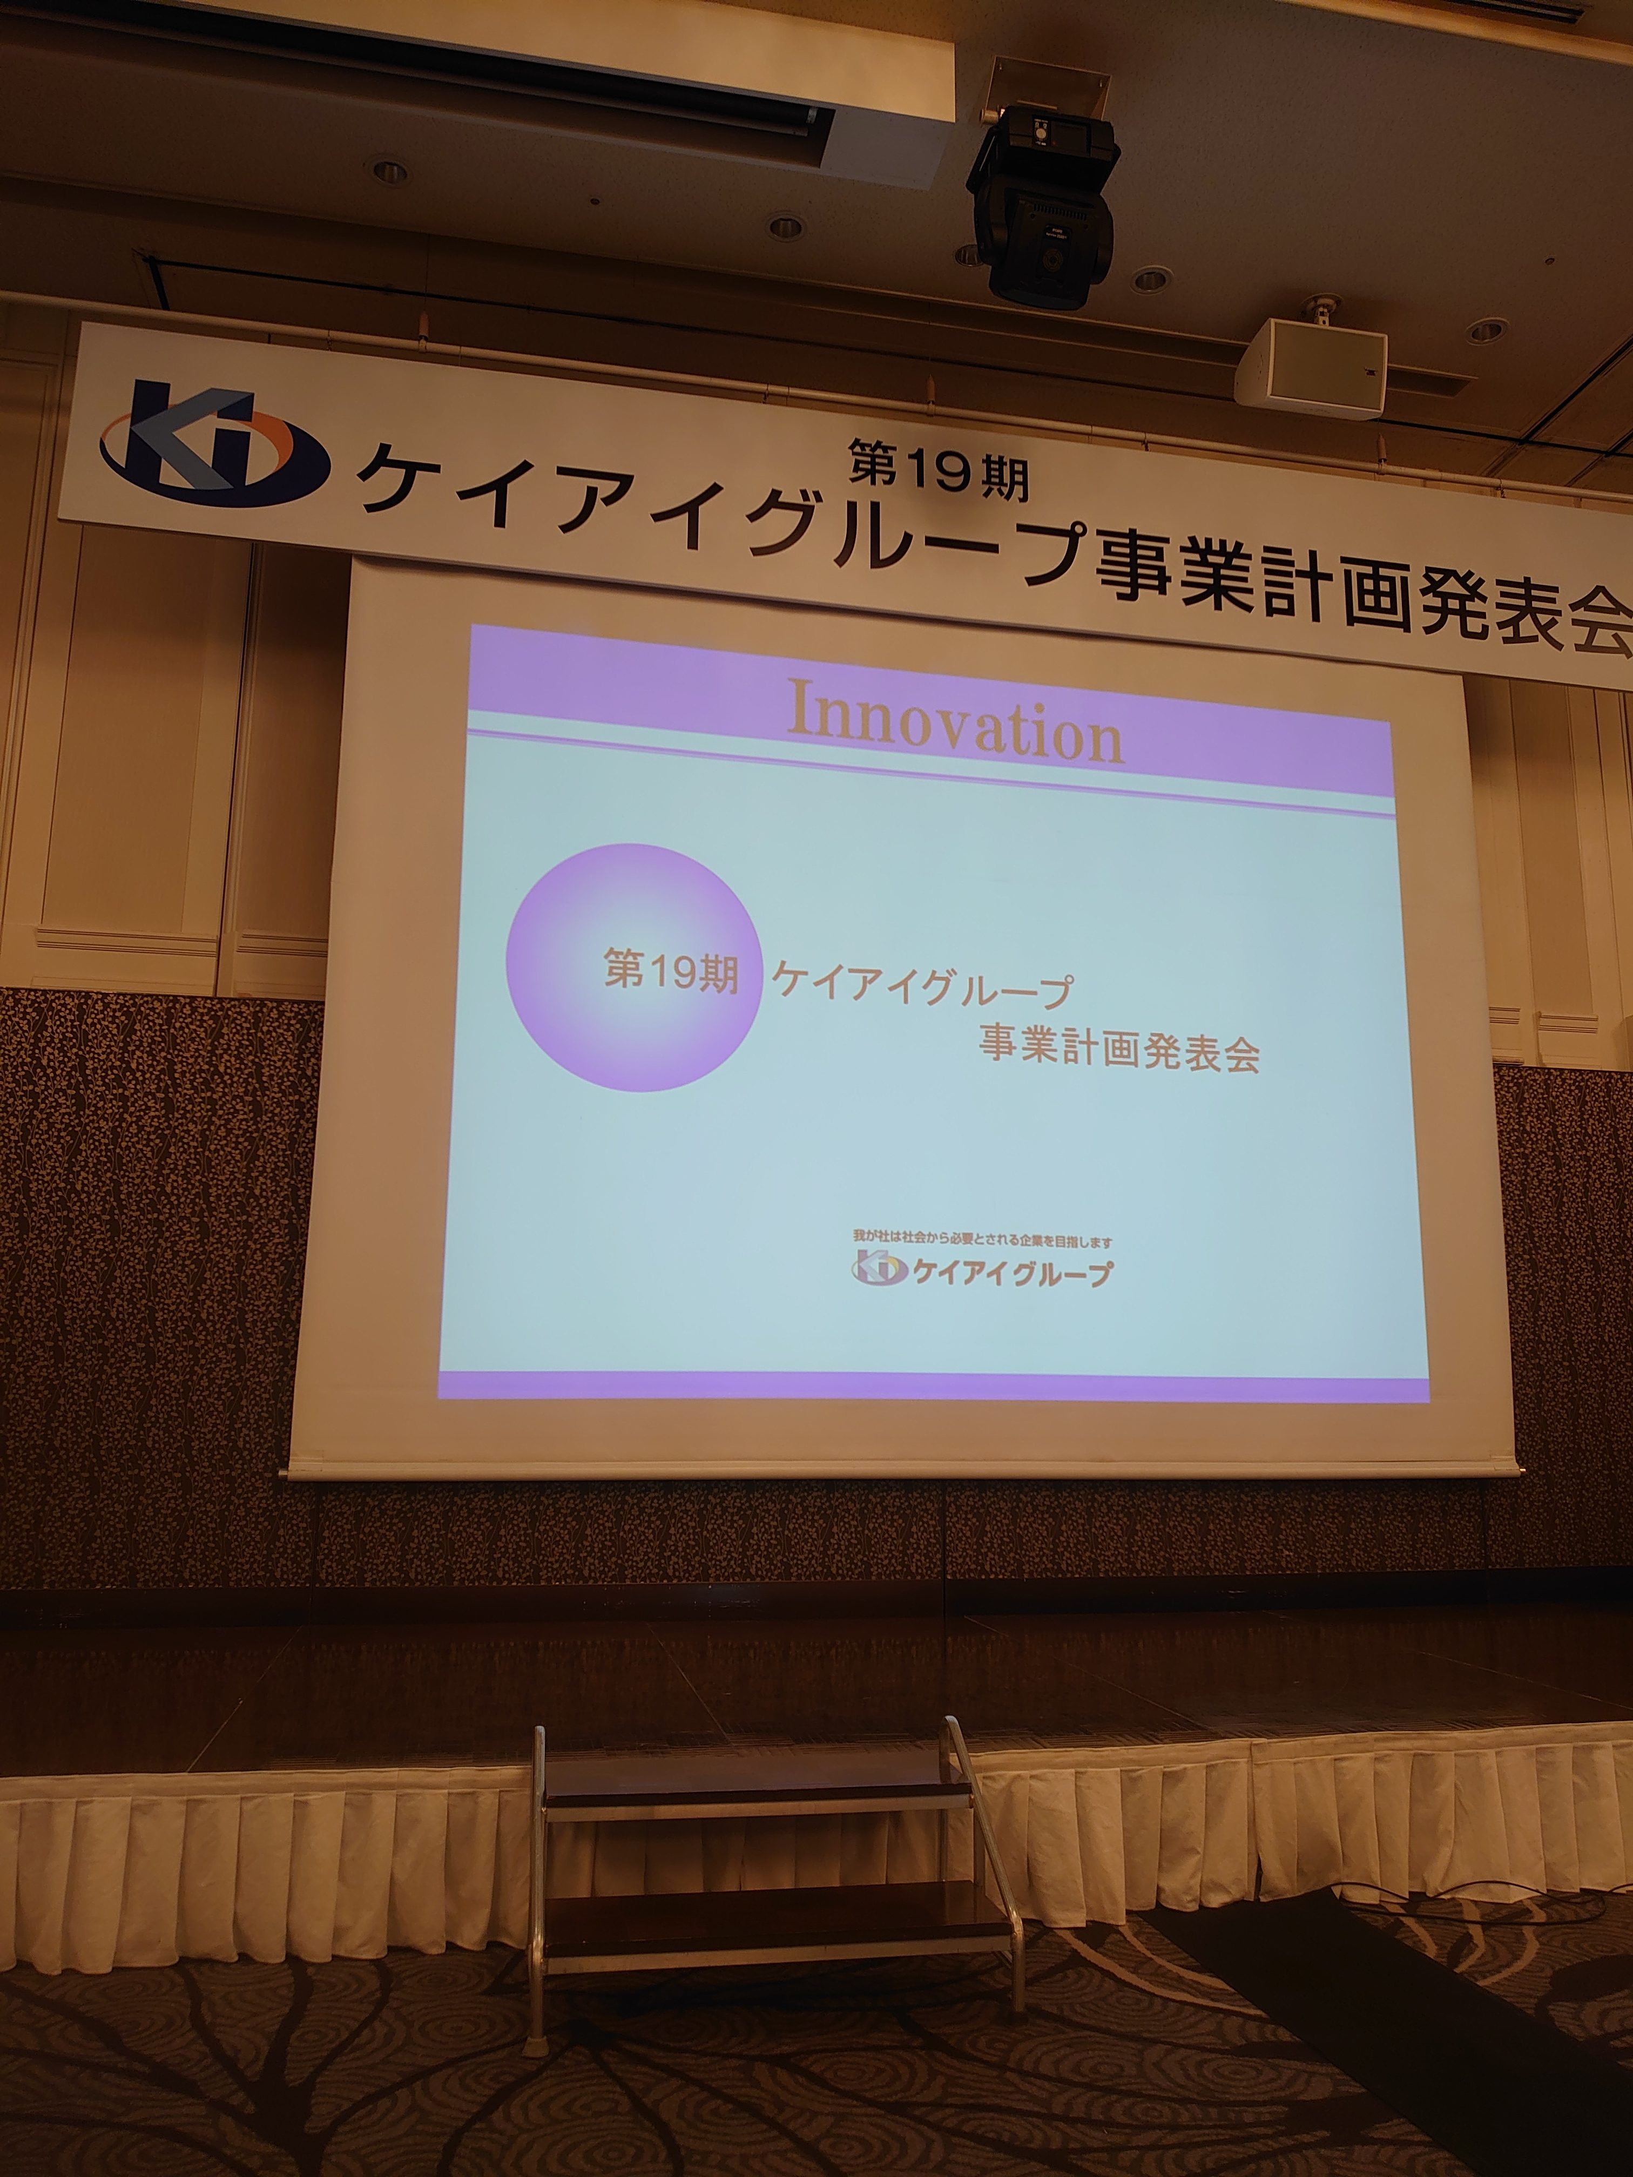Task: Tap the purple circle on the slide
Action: point(634,968)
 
